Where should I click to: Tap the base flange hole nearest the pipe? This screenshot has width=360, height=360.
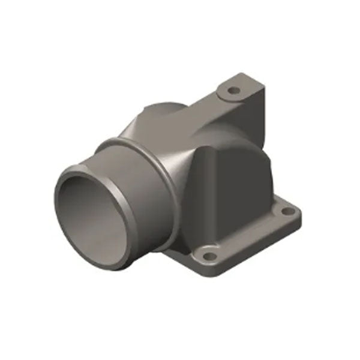coord(208,256)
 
